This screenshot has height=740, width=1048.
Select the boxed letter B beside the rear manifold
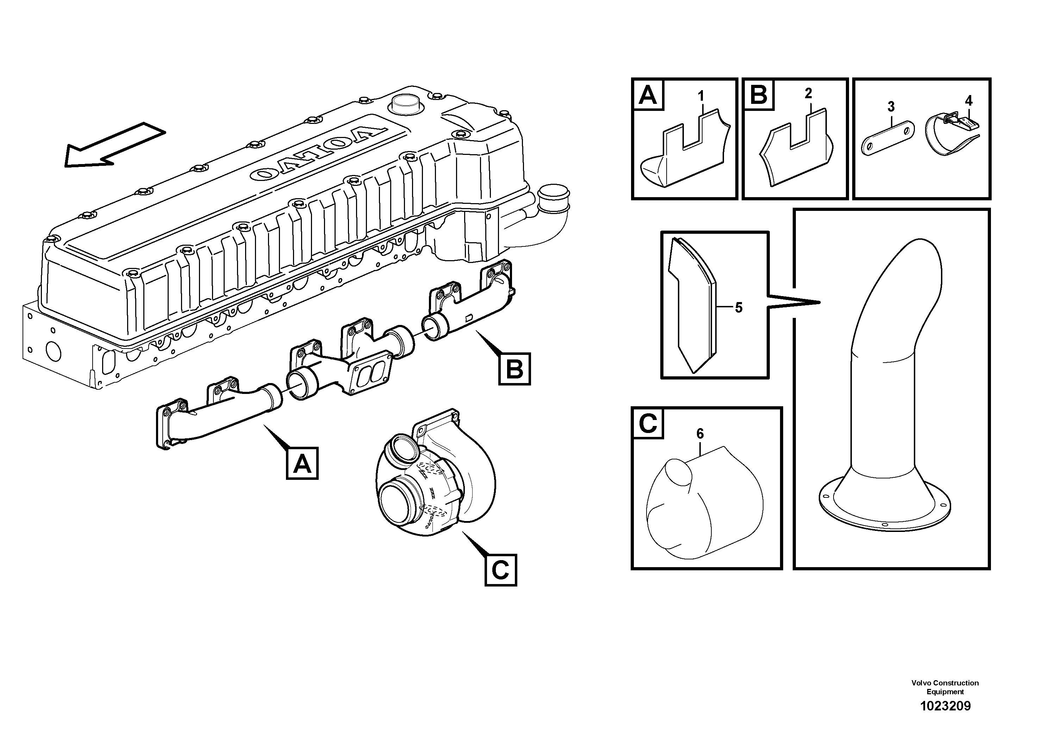click(514, 369)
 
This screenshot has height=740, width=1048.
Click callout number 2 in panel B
click(809, 94)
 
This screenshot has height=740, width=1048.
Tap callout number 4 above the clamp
click(968, 100)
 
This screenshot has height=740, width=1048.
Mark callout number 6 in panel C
click(700, 433)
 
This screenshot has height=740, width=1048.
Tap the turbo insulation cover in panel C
click(705, 504)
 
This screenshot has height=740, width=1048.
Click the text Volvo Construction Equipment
click(945, 688)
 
